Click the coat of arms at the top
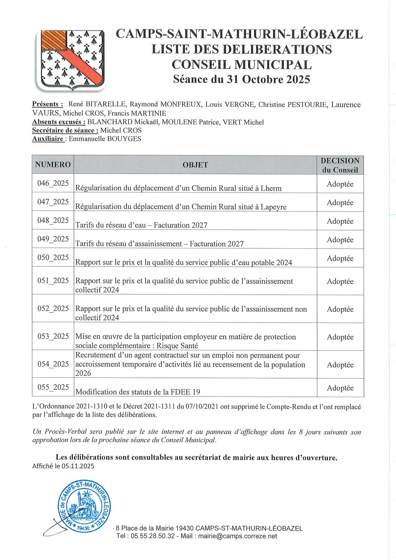click(70, 60)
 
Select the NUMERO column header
click(53, 165)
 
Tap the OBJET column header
click(195, 165)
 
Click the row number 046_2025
click(53, 183)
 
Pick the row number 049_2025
click(53, 239)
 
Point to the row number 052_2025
click(53, 309)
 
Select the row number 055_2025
click(53, 388)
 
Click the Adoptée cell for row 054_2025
click(340, 365)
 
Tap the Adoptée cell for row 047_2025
click(340, 203)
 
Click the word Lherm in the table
click(271, 188)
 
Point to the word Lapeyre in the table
click(273, 207)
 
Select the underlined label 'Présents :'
click(48, 104)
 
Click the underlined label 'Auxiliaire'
click(48, 139)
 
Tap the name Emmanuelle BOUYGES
click(105, 139)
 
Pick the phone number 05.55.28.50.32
click(153, 536)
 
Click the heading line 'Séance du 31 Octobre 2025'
click(241, 79)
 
